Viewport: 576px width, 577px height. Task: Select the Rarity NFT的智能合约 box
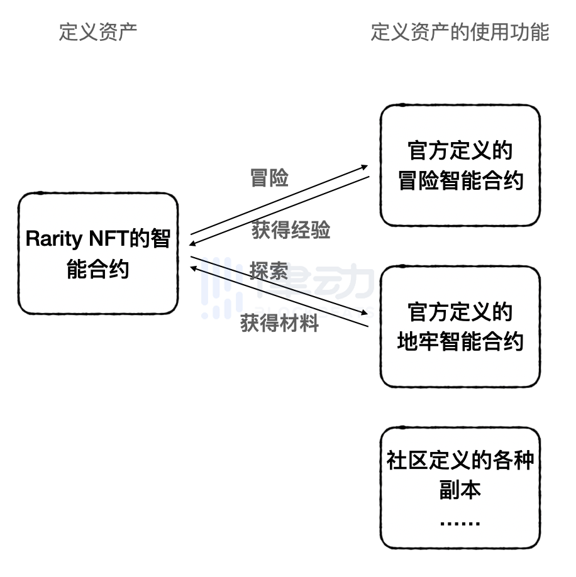(98, 253)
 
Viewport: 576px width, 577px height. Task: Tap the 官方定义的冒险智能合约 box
(460, 166)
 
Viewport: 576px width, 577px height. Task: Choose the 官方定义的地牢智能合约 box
(460, 327)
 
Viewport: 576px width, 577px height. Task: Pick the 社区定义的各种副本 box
(460, 488)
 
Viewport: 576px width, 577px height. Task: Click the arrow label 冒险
(269, 179)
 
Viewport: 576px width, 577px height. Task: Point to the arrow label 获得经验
(291, 230)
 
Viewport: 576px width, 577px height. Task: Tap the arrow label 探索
(269, 272)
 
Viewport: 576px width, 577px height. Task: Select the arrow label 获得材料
(280, 323)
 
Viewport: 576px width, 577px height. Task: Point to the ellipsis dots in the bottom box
(460, 523)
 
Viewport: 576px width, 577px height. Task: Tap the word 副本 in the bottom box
(460, 490)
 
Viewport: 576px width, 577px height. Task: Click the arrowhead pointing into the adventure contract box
(365, 167)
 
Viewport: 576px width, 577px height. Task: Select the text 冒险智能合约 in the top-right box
(460, 182)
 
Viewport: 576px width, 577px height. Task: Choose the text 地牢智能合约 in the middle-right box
(460, 343)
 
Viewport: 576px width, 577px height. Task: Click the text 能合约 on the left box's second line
(98, 269)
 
